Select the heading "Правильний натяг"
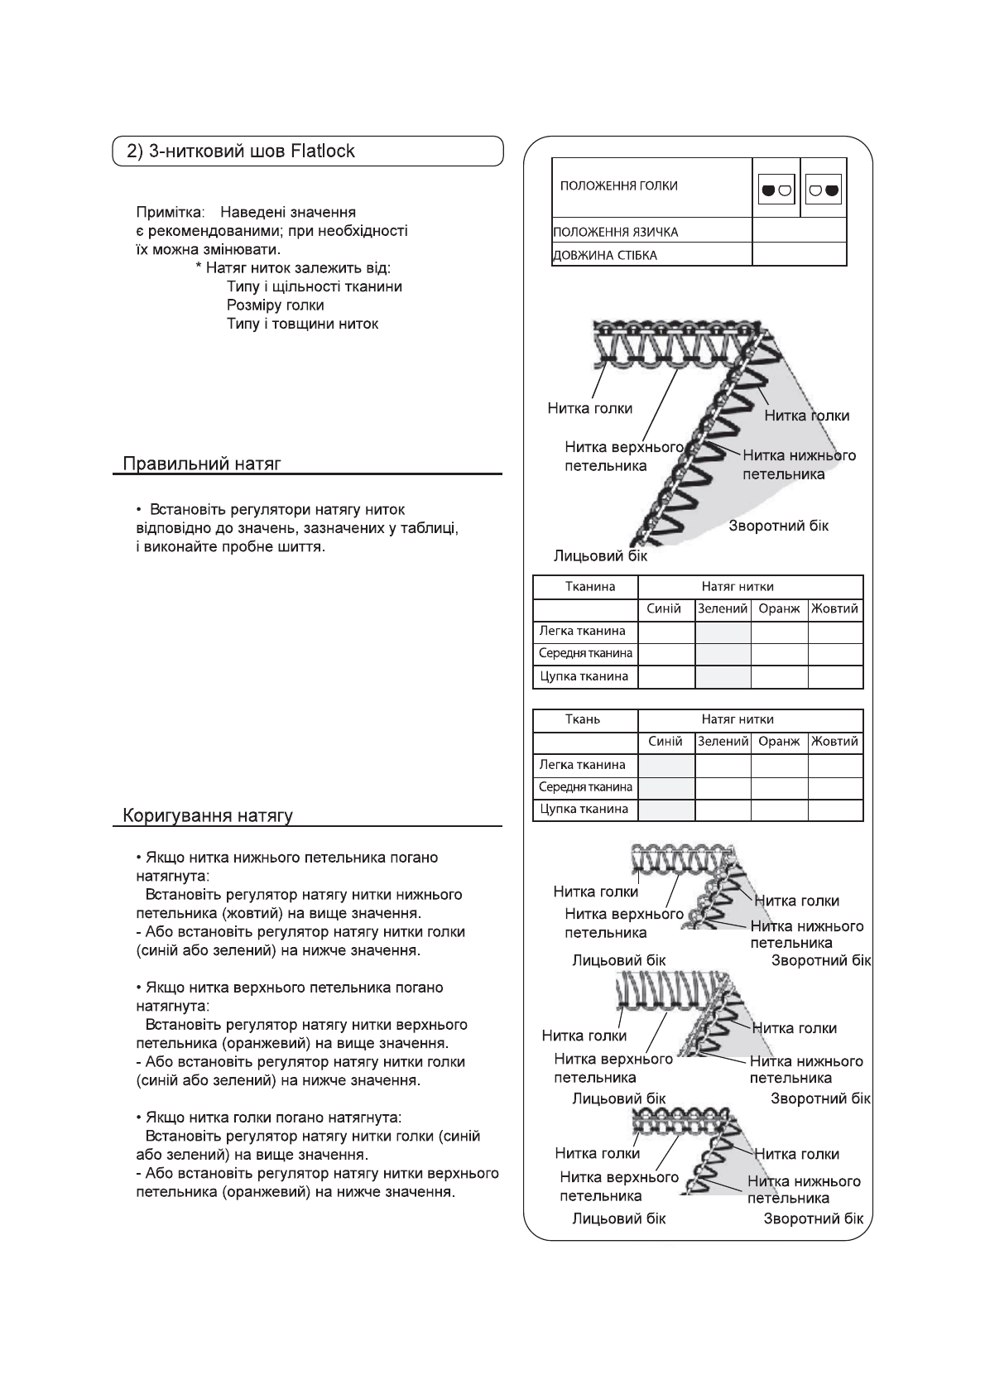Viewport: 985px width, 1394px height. [x=202, y=464]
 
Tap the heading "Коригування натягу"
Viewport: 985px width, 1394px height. [x=208, y=816]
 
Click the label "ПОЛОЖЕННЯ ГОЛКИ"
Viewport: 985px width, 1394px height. [x=618, y=185]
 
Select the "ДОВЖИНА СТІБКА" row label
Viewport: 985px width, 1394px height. [x=604, y=255]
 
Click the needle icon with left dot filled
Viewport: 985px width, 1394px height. [x=776, y=190]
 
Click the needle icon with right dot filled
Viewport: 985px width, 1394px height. [x=824, y=190]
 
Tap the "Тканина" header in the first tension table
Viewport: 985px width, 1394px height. [x=589, y=587]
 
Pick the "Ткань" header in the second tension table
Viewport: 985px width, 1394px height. [x=583, y=719]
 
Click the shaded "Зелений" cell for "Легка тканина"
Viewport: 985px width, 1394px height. [x=723, y=632]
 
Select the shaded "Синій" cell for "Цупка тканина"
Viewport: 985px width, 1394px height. [x=666, y=810]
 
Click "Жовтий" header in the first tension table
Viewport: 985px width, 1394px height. [x=835, y=609]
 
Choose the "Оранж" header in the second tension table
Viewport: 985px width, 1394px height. [x=779, y=742]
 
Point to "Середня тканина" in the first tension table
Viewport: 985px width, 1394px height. [x=585, y=653]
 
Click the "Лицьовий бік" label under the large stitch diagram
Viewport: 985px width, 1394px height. [x=600, y=555]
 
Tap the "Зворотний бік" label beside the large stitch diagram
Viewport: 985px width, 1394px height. [x=778, y=526]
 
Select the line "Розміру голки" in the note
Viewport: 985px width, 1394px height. [x=275, y=305]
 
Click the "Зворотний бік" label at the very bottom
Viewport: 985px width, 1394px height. [x=813, y=1219]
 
